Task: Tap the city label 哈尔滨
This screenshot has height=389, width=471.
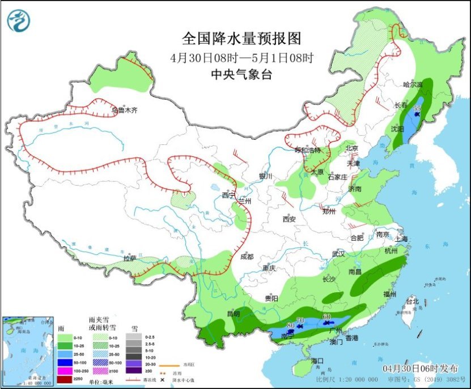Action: tap(413, 84)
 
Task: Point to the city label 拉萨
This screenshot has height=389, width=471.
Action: tap(129, 258)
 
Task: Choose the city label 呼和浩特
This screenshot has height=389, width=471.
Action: tap(308, 150)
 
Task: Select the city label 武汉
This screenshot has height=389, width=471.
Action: tap(338, 254)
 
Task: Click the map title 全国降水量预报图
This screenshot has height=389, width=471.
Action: tap(241, 39)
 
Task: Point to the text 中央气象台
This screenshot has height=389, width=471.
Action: tap(241, 74)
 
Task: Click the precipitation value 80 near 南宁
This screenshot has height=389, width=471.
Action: tap(290, 326)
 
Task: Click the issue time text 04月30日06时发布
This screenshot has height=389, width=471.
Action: tap(415, 368)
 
